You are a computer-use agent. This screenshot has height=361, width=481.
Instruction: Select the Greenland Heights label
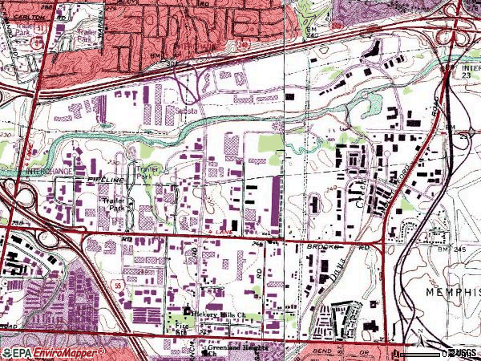pos(232,347)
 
